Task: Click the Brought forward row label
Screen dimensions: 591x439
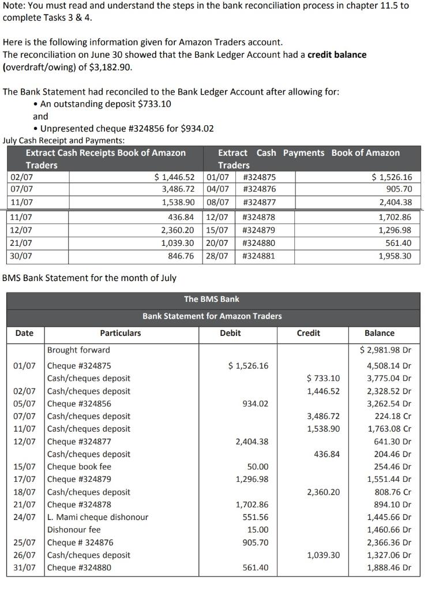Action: click(x=78, y=350)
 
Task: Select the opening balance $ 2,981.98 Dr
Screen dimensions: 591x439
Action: click(x=385, y=350)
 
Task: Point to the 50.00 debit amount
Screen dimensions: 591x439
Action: click(x=258, y=466)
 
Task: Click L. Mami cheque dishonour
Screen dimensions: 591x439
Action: click(x=97, y=517)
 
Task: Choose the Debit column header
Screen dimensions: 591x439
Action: click(x=230, y=333)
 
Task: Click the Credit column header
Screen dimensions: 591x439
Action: click(x=309, y=333)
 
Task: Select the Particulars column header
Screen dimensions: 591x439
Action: click(x=120, y=333)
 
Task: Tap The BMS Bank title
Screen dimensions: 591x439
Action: click(x=212, y=299)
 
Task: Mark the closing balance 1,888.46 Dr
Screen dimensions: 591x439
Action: click(x=390, y=567)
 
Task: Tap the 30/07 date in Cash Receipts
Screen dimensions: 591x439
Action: click(x=21, y=256)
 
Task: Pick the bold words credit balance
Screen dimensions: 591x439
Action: click(x=337, y=54)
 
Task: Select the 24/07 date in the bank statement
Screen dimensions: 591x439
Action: click(x=24, y=517)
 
